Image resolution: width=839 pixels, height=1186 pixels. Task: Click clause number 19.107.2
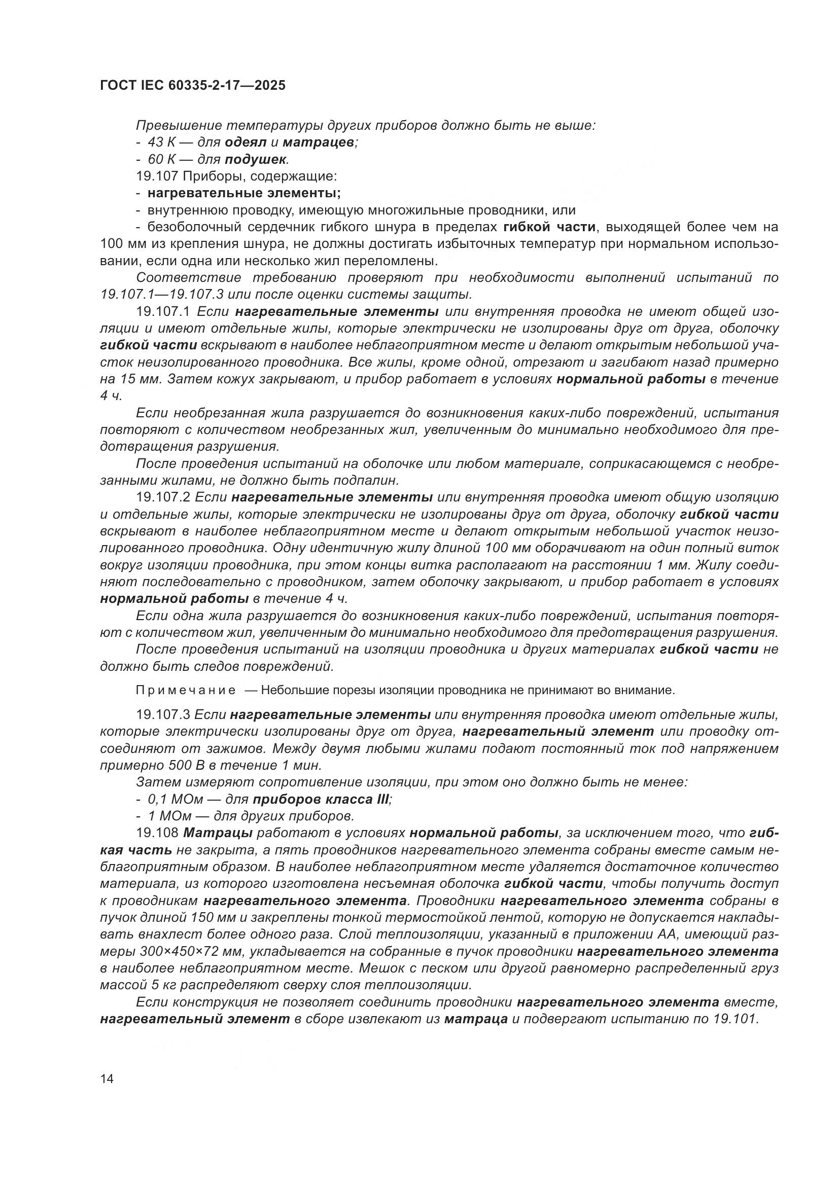pyautogui.click(x=164, y=497)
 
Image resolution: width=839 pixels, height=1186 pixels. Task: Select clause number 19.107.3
pyautogui.click(x=164, y=714)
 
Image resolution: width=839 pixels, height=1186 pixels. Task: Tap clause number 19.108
pyautogui.click(x=157, y=833)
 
